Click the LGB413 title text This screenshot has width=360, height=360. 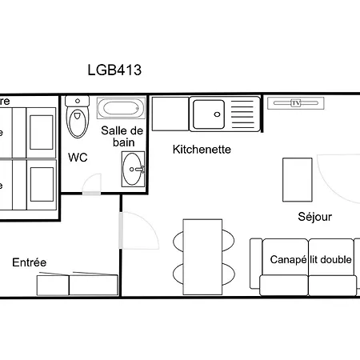pyautogui.click(x=114, y=70)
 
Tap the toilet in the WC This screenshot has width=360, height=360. pyautogui.click(x=77, y=119)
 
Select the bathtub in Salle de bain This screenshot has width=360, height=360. pyautogui.click(x=121, y=108)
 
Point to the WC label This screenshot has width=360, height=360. pyautogui.click(x=78, y=158)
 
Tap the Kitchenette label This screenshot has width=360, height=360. pyautogui.click(x=202, y=149)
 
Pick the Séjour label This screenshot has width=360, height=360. pyautogui.click(x=314, y=217)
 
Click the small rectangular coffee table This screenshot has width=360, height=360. pyautogui.click(x=297, y=181)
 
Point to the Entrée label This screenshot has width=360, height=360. pyautogui.click(x=29, y=262)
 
